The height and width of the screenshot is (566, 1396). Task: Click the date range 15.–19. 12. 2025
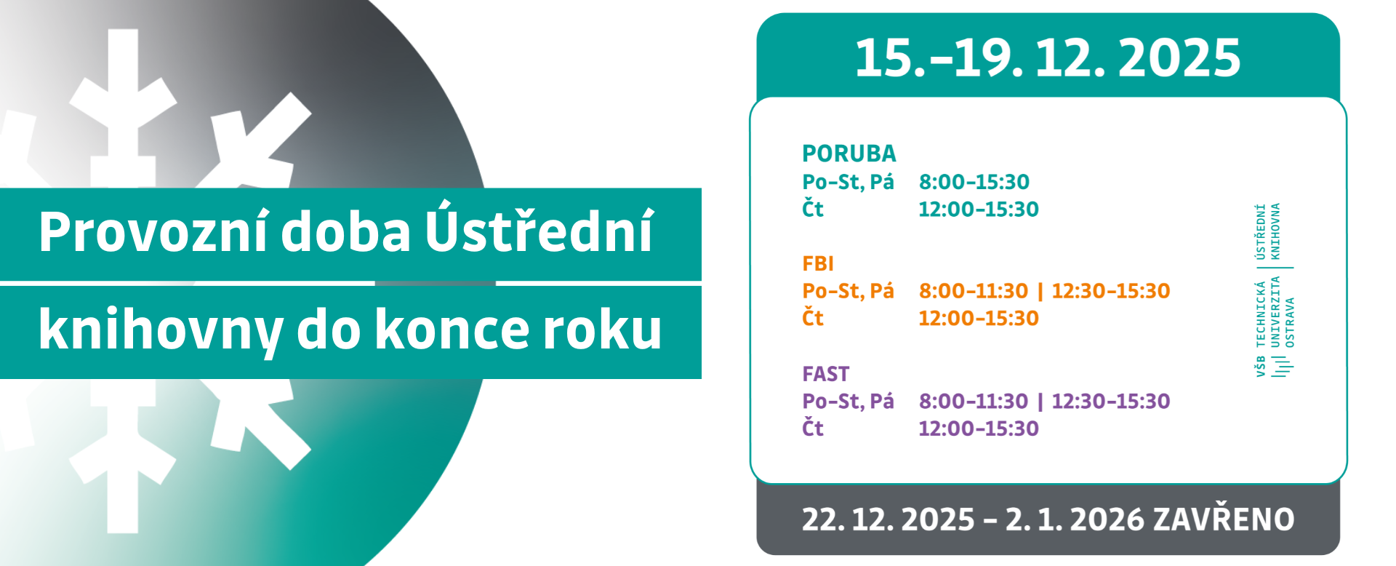coord(1048,57)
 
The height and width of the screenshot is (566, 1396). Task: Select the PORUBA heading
coord(849,154)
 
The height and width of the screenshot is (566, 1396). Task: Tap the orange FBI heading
coord(818,263)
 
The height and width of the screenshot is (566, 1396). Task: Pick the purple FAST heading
coord(825,374)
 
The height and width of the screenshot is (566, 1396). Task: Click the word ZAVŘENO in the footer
coord(1224,519)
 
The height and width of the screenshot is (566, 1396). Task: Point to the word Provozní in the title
coord(153,232)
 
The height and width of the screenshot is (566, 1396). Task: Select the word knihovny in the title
coord(161,330)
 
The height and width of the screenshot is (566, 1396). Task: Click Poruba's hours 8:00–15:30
coord(974,182)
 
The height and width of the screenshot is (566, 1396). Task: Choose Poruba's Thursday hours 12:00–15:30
coord(979,210)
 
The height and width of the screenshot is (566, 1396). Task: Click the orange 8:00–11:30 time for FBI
coord(974,291)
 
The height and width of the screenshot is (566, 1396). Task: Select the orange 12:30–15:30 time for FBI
coord(1111,291)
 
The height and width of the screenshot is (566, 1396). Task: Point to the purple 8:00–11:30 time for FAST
coord(974,402)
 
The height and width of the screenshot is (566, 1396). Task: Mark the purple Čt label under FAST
coord(813,428)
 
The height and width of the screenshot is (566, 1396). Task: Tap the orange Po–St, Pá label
coord(848,291)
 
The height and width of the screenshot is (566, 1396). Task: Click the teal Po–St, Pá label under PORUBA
coord(848,182)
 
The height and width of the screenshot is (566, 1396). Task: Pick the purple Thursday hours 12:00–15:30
coord(979,429)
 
